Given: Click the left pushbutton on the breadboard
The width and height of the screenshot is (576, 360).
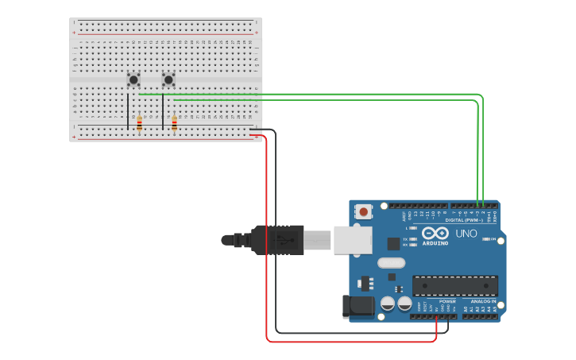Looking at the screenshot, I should coord(133,79).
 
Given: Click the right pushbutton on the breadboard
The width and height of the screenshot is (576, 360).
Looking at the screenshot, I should coord(168,79).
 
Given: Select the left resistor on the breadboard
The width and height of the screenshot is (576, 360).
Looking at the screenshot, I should coord(140,123).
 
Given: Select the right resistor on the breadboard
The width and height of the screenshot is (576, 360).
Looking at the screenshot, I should coord(175,123).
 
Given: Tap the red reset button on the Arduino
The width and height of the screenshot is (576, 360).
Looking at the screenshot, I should coord(364,211).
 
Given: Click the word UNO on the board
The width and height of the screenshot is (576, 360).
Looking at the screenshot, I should coord(466,234).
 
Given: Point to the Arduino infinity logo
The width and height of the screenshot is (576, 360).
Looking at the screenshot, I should coord(435,233).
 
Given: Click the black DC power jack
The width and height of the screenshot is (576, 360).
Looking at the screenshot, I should coord(357,306).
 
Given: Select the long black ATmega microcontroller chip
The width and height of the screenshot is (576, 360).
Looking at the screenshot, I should coord(455,285).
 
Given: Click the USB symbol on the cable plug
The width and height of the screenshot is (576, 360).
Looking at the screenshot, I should coord(280,239).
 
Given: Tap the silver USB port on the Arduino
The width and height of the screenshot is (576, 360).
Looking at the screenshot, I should coord(352,239).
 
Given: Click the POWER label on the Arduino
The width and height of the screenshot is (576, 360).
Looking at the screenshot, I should coord(447,301).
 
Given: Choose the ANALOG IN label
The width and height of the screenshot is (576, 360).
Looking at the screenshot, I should coord(483,301).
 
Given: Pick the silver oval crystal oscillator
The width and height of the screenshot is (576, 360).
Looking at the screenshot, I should coord(391,263).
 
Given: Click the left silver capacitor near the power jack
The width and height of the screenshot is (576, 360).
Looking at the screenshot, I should coord(388,303).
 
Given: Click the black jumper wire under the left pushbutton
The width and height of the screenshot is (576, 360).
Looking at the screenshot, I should coord(128,111).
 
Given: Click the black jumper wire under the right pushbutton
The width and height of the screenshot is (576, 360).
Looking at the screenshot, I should coord(163,111).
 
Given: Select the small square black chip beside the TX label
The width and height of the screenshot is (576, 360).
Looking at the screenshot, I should coord(393,244).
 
